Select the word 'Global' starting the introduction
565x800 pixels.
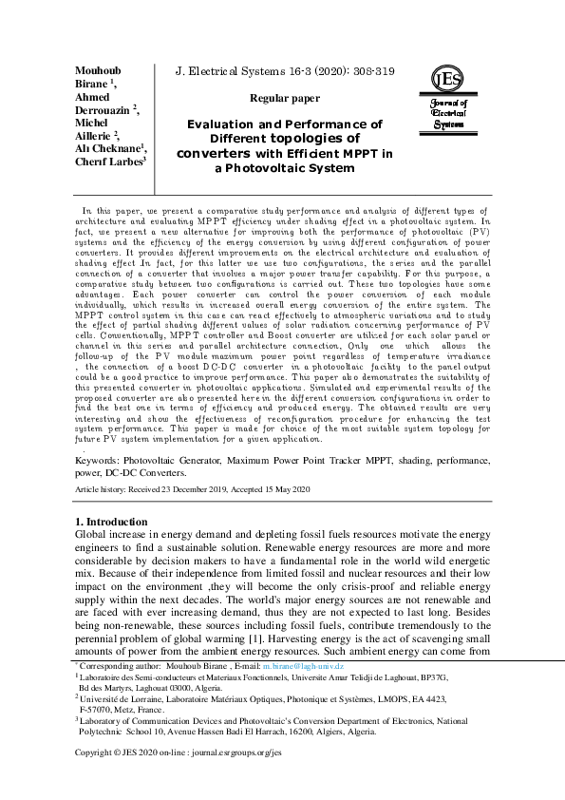[x=91, y=536]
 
